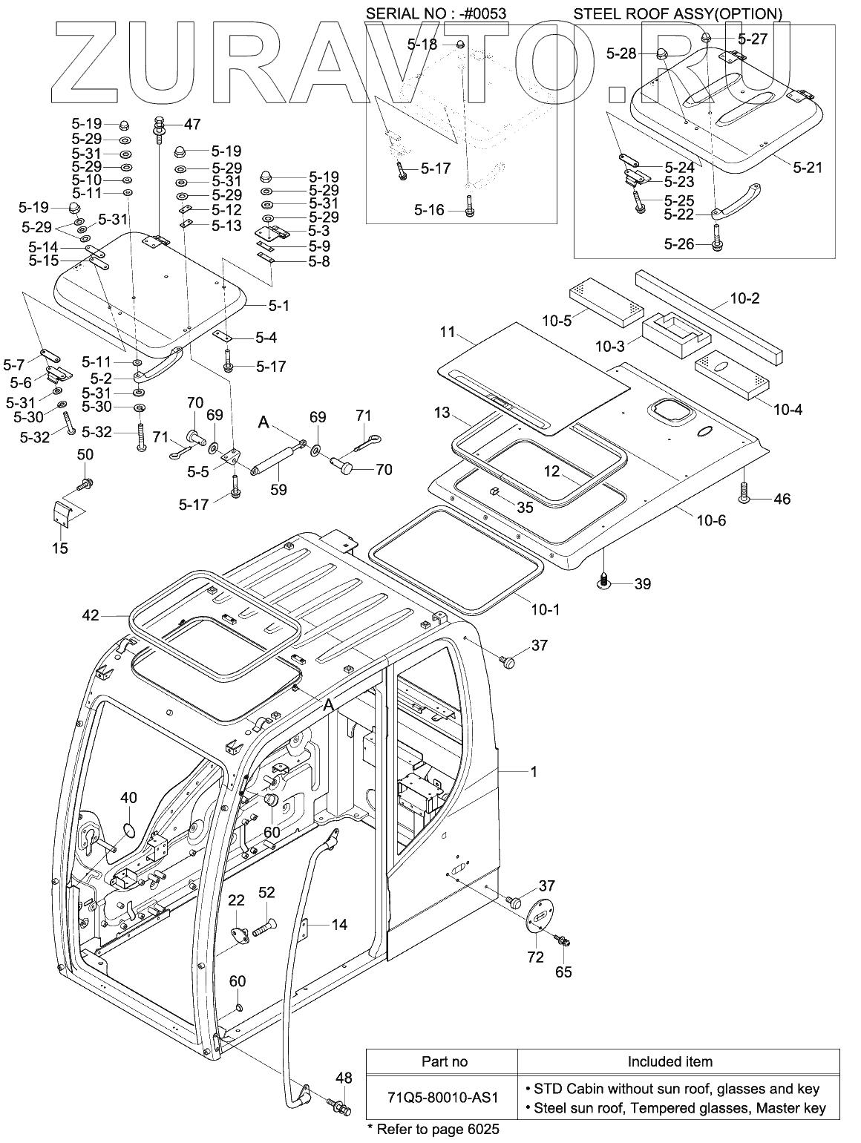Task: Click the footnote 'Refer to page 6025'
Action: [437, 1129]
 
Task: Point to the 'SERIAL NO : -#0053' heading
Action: [436, 13]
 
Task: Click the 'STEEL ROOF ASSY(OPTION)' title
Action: [677, 13]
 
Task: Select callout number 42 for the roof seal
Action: [91, 615]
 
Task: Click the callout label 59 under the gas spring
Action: [278, 489]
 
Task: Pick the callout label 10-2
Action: [744, 298]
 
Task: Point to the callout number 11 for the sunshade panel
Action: [447, 332]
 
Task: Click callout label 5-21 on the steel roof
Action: [808, 167]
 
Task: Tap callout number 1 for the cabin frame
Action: [534, 771]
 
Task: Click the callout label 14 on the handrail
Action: [339, 924]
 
